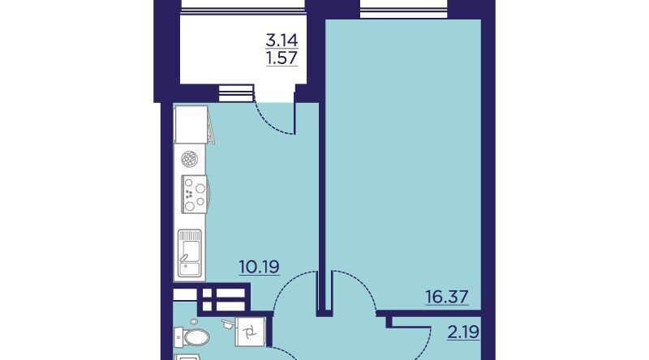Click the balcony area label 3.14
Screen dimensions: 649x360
[282, 41]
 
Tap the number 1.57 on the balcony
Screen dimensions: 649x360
[282, 58]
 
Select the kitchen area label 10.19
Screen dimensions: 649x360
[260, 267]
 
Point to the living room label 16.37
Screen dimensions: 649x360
[447, 297]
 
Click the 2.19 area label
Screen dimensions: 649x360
[463, 332]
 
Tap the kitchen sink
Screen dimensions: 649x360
[190, 253]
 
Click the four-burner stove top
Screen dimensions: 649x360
[195, 194]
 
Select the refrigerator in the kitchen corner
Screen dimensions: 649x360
[191, 124]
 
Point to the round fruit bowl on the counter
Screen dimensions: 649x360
[190, 159]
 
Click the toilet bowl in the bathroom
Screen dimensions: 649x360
[191, 337]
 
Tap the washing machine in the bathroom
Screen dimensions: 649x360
[251, 332]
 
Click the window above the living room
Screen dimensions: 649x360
[404, 9]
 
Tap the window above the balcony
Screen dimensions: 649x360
[243, 5]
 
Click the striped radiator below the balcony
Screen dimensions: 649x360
[235, 92]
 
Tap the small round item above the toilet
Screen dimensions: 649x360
[194, 322]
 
